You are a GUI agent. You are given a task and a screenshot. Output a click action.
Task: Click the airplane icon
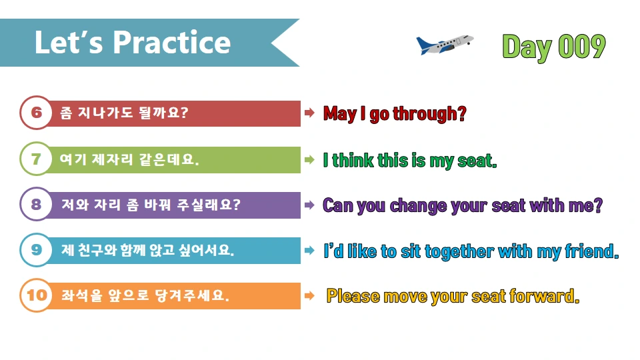pyautogui.click(x=444, y=45)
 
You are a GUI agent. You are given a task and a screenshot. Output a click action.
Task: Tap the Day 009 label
pyautogui.click(x=553, y=47)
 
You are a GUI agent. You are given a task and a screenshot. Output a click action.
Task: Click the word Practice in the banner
pyautogui.click(x=172, y=43)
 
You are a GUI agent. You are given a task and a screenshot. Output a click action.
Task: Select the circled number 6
pyautogui.click(x=36, y=113)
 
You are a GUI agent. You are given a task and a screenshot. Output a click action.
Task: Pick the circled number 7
pyautogui.click(x=36, y=159)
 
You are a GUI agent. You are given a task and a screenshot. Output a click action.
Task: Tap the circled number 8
pyautogui.click(x=36, y=205)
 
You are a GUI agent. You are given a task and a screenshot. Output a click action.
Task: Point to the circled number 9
pyautogui.click(x=36, y=250)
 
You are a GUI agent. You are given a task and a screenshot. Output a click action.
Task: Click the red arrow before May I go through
pyautogui.click(x=309, y=113)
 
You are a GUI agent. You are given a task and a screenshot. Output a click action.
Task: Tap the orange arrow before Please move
pyautogui.click(x=309, y=295)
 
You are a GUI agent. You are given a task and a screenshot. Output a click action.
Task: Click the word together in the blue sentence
pyautogui.click(x=455, y=251)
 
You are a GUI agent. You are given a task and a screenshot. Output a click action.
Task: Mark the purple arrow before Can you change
pyautogui.click(x=309, y=205)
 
